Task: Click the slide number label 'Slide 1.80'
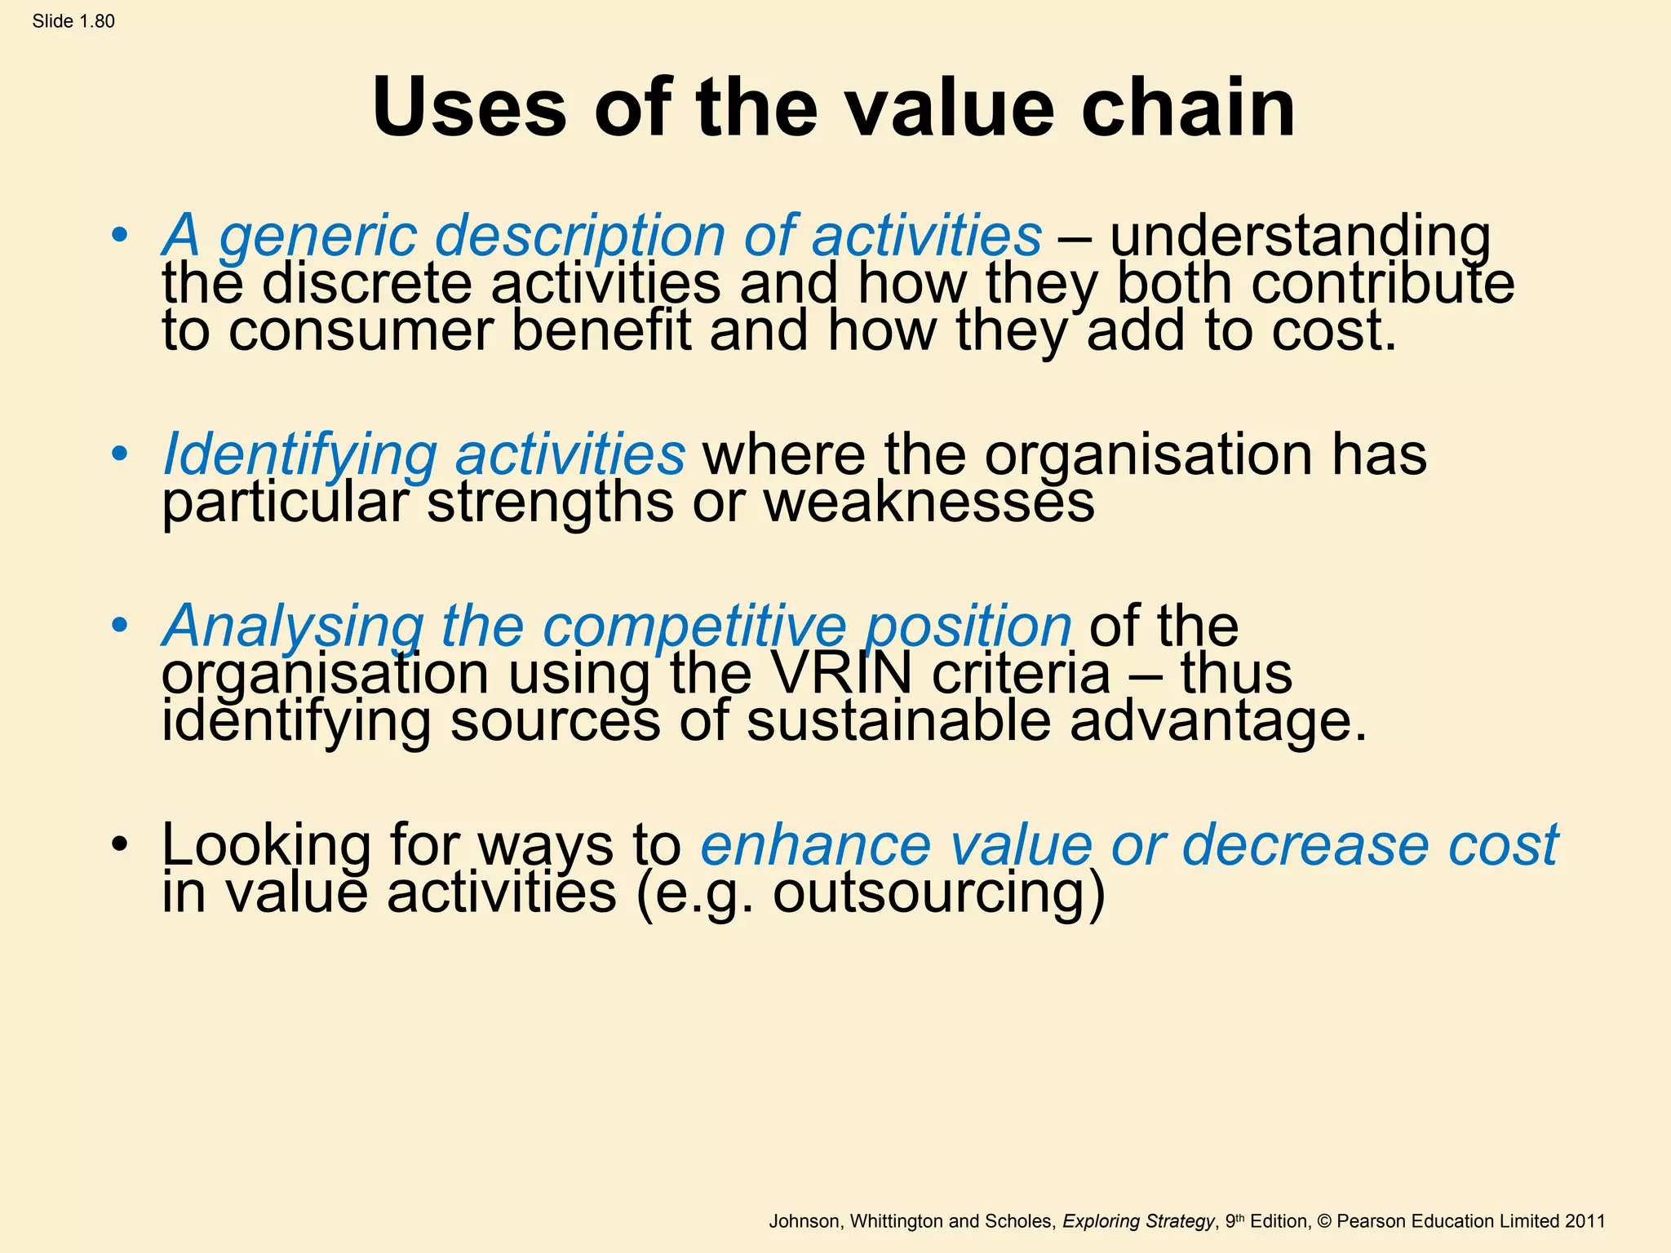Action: (73, 21)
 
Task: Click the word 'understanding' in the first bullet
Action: (1301, 237)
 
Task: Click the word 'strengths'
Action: (550, 503)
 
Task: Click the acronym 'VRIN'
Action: (841, 674)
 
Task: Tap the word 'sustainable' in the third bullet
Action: (898, 722)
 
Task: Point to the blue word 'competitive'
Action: (694, 626)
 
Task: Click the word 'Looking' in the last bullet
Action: (266, 845)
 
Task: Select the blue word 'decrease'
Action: (1305, 845)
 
